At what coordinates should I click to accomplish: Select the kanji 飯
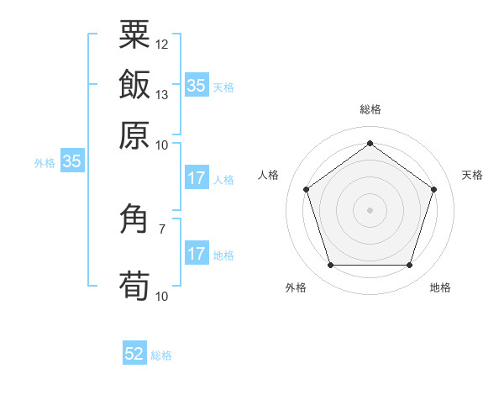click(134, 85)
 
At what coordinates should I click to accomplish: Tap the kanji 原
click(134, 135)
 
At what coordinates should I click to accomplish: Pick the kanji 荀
click(134, 287)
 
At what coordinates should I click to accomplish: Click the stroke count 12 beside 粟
click(162, 44)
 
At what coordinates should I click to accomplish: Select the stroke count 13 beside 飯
click(162, 94)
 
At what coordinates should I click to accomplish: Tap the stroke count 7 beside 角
click(162, 228)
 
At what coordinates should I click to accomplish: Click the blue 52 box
click(134, 355)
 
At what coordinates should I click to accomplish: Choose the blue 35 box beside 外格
click(71, 162)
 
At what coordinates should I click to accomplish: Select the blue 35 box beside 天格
click(197, 86)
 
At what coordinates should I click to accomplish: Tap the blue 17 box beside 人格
click(197, 178)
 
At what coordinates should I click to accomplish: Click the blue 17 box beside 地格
click(197, 255)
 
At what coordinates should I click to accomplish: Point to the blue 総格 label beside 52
click(161, 355)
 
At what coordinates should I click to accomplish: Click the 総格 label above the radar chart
click(370, 109)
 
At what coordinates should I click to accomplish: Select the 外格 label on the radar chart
click(296, 287)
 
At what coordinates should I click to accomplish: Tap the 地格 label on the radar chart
click(440, 287)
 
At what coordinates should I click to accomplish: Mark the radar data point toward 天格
click(433, 189)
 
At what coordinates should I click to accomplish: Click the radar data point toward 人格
click(307, 189)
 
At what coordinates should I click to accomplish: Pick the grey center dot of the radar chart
click(370, 209)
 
